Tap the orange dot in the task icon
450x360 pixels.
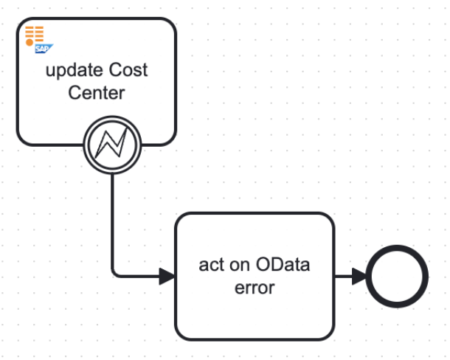[x=29, y=44]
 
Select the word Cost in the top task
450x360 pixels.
[x=128, y=71]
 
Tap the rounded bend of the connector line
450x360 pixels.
[x=115, y=274]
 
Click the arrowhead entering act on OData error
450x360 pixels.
[x=167, y=277]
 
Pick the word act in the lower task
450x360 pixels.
[x=211, y=265]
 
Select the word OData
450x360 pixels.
[x=283, y=265]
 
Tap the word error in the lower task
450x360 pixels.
[x=255, y=288]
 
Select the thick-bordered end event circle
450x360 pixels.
[x=399, y=277]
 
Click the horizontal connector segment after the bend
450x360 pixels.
[x=140, y=277]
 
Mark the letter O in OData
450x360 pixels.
[x=264, y=265]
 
